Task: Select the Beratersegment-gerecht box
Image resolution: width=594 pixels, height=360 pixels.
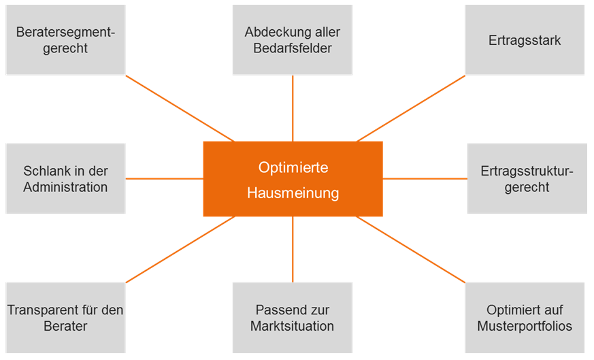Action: click(65, 40)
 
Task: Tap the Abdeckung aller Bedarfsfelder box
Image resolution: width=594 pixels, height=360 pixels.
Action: click(293, 40)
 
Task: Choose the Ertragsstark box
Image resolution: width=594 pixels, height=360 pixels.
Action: click(525, 40)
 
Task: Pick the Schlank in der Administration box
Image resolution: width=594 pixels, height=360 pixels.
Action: click(65, 178)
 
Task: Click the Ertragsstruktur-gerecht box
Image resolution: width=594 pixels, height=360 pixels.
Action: click(527, 178)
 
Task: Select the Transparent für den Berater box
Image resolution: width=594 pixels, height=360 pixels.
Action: click(65, 318)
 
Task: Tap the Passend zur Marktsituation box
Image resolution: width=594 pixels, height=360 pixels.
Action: click(293, 318)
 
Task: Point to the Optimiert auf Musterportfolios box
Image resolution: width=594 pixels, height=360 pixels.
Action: click(525, 318)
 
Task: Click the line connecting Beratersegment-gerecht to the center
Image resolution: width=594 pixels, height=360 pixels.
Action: click(180, 108)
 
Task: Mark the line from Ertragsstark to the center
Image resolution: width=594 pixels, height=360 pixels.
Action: click(411, 108)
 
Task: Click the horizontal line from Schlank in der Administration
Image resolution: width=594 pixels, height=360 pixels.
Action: click(164, 179)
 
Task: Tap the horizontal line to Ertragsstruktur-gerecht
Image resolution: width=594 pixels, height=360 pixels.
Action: click(425, 179)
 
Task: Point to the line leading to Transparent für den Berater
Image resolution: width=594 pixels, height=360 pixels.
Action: click(180, 250)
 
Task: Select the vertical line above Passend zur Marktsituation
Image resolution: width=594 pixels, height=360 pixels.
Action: click(293, 249)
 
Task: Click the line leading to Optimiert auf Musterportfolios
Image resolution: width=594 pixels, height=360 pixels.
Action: click(411, 250)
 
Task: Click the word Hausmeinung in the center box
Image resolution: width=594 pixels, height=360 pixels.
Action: click(293, 193)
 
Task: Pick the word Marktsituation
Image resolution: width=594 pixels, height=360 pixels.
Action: click(293, 326)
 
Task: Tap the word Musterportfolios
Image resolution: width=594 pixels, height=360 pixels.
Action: click(525, 326)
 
